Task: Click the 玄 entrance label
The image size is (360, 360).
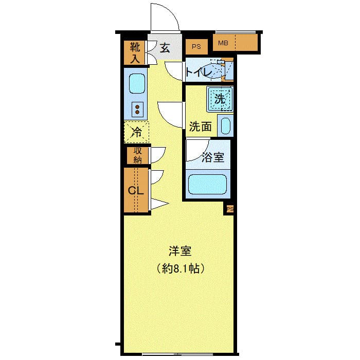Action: click(165, 48)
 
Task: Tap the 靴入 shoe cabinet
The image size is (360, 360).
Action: click(134, 53)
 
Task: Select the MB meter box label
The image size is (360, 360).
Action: click(223, 43)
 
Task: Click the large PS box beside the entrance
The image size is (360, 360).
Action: click(196, 47)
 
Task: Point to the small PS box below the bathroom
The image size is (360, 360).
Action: click(230, 209)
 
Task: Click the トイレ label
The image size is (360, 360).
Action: click(199, 73)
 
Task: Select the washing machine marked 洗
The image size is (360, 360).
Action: click(220, 99)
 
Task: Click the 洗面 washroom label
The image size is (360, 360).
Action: click(200, 127)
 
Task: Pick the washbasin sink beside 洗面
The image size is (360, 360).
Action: click(225, 126)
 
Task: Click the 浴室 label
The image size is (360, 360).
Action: click(213, 157)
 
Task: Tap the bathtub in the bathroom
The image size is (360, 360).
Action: click(208, 184)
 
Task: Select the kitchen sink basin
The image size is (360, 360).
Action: click(137, 83)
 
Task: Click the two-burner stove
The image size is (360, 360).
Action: click(137, 110)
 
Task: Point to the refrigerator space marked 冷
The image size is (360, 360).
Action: click(136, 132)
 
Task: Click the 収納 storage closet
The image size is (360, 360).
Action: click(137, 155)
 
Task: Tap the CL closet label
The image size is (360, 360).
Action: click(135, 191)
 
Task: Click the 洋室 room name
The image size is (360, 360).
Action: click(180, 251)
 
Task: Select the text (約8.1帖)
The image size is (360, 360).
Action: click(180, 268)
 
